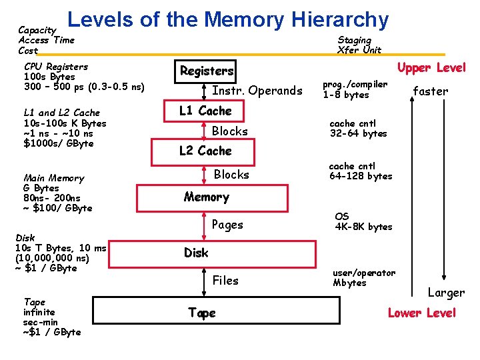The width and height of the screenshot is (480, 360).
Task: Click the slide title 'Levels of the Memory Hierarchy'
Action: (x=228, y=19)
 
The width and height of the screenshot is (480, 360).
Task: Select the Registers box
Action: (x=207, y=71)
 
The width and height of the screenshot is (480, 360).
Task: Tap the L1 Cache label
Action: (x=205, y=111)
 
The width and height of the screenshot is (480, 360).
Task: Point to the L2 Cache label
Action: (x=205, y=151)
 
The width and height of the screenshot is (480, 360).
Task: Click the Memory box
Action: (x=206, y=197)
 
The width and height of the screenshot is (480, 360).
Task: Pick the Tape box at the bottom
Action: (x=202, y=313)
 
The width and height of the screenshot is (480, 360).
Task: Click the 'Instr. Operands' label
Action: (x=257, y=91)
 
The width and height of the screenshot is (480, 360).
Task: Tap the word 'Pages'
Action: (x=227, y=225)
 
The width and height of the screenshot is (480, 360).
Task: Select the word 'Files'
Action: (x=225, y=281)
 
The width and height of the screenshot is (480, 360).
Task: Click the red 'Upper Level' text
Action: (x=431, y=67)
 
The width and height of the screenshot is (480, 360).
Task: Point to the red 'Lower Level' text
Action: (x=422, y=313)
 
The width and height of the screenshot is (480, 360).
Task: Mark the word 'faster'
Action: (x=431, y=91)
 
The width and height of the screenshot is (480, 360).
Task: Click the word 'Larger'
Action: (x=446, y=293)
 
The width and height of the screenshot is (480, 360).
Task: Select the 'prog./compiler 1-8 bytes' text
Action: (x=355, y=89)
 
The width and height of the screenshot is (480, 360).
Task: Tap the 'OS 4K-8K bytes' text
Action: (x=363, y=221)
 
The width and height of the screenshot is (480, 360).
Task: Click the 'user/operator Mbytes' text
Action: (x=363, y=277)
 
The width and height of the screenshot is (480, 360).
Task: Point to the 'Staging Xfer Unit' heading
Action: (x=359, y=45)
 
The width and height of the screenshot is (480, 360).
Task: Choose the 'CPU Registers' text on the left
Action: (x=55, y=67)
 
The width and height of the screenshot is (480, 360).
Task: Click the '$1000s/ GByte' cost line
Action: (x=58, y=143)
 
